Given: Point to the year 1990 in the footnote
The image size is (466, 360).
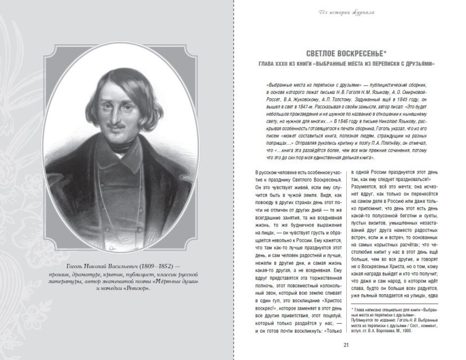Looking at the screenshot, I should (411, 331).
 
